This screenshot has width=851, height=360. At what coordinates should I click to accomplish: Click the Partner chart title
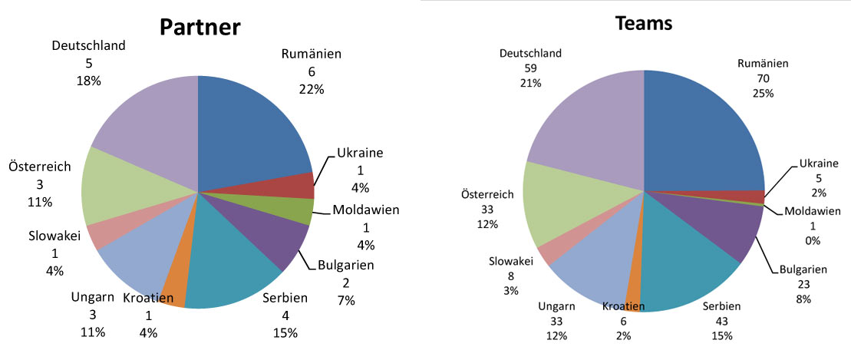200,28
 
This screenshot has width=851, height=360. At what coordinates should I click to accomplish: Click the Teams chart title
644,24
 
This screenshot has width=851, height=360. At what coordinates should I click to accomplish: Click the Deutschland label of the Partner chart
88,46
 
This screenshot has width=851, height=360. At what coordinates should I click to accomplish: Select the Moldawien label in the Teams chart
813,211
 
